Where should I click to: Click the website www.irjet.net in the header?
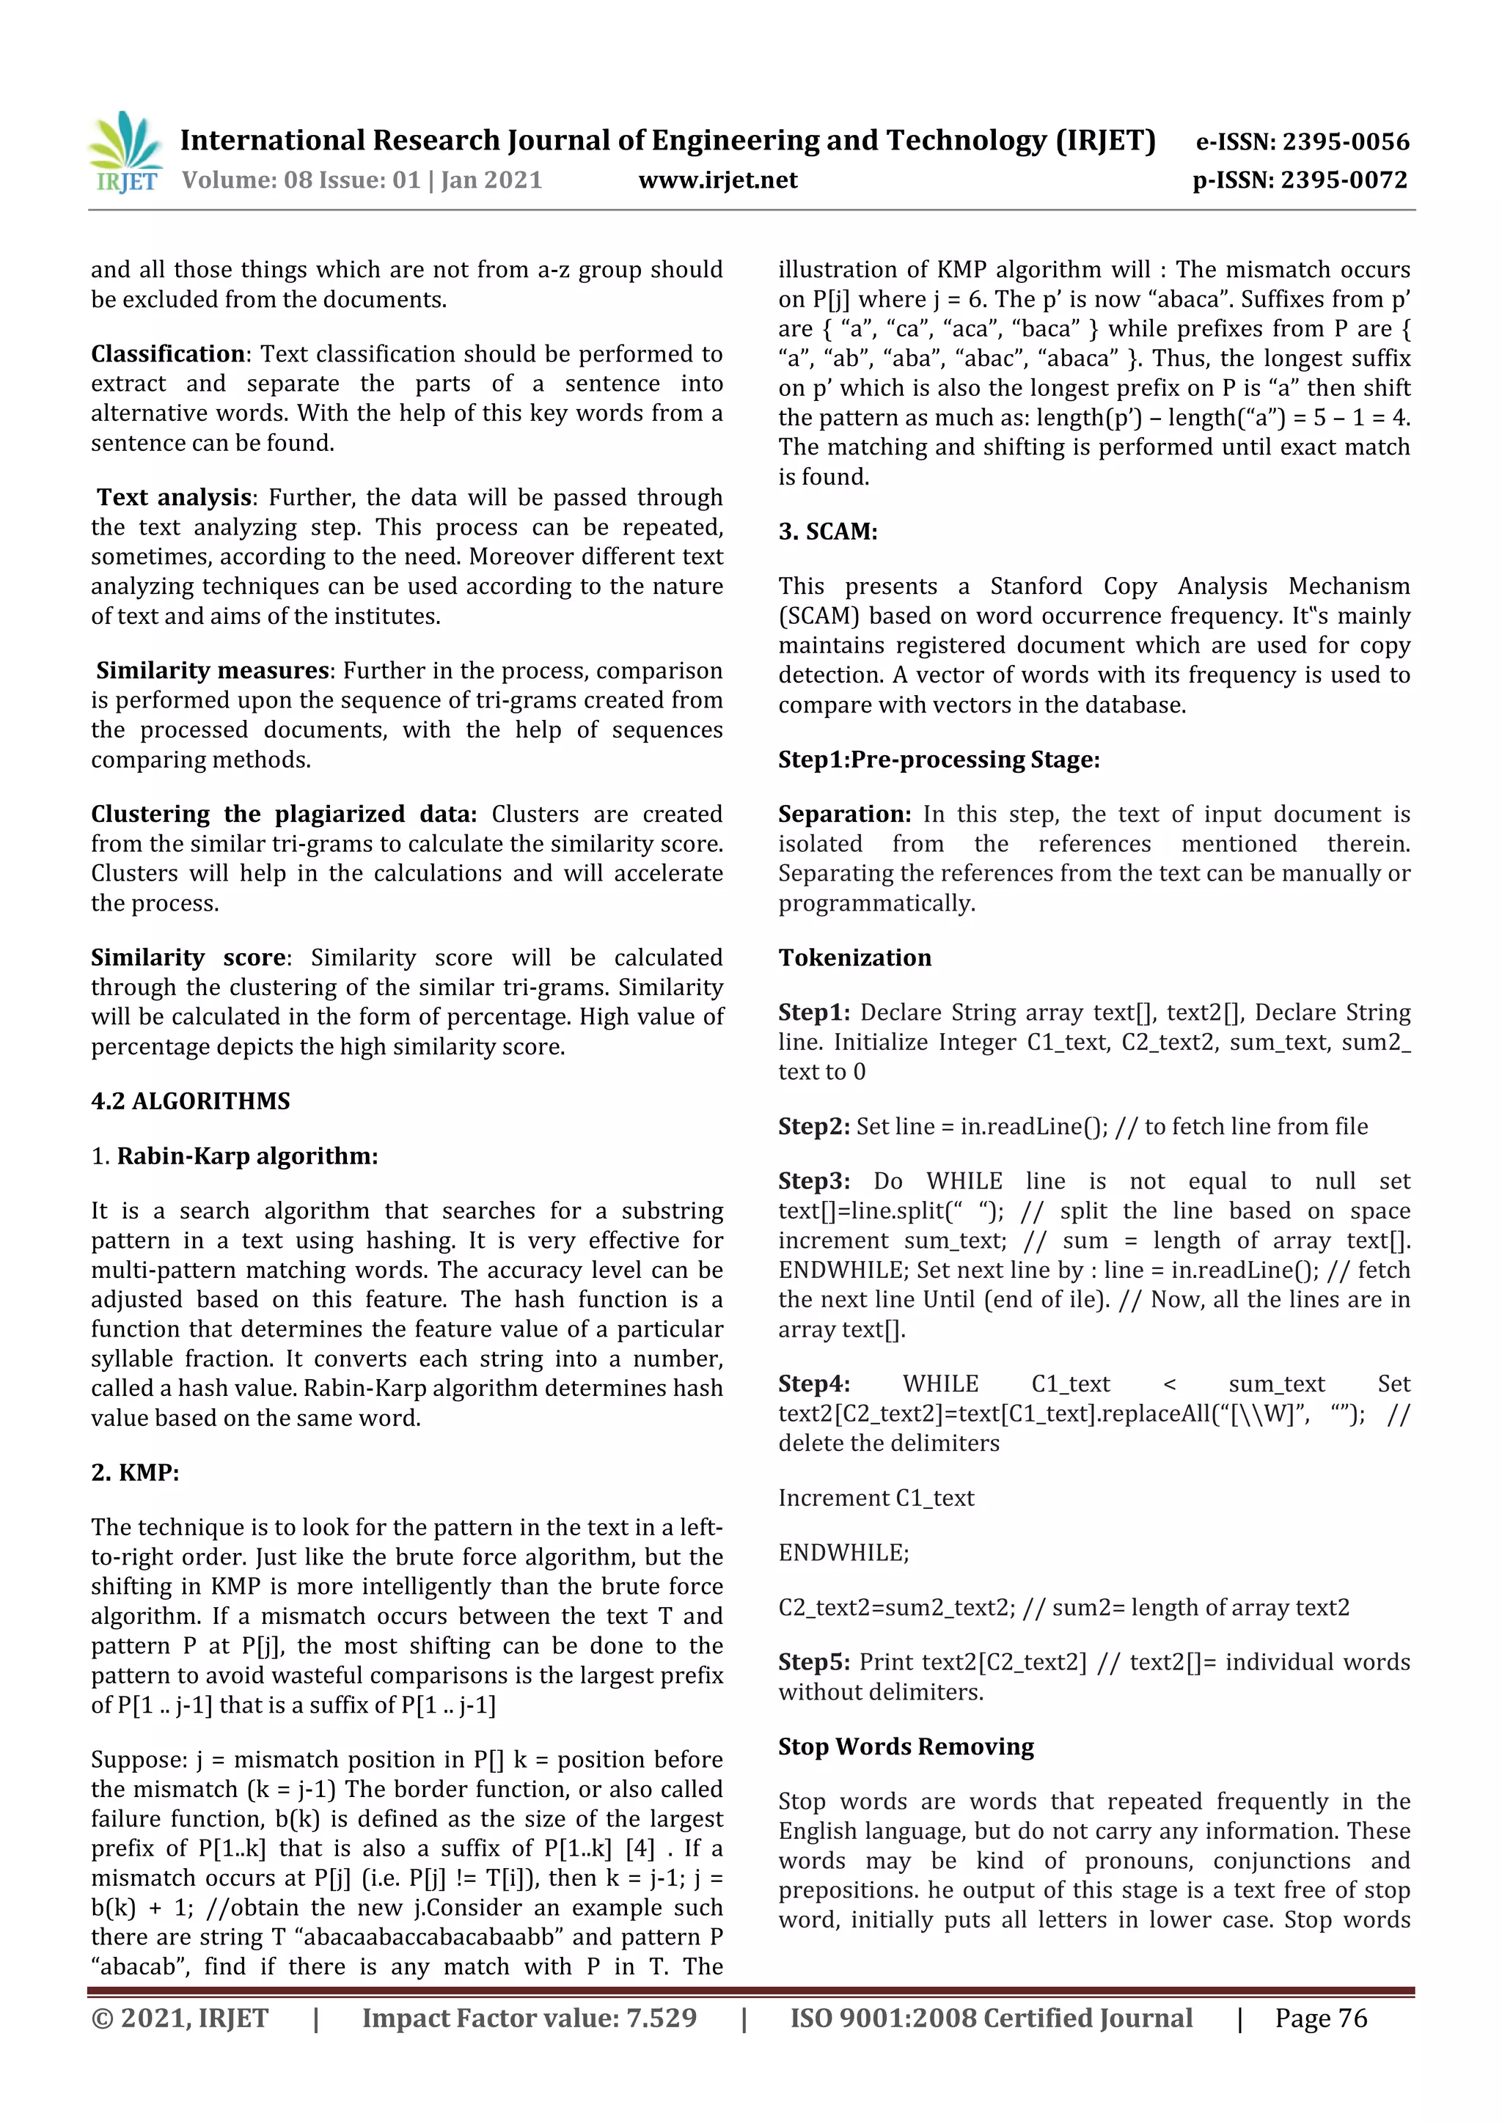point(717,180)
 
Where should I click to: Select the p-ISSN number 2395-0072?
point(1344,180)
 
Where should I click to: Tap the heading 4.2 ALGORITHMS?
point(190,1100)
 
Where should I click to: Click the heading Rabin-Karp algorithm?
point(247,1156)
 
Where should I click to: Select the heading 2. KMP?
point(135,1473)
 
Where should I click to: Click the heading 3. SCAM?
point(827,532)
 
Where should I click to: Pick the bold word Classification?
point(167,354)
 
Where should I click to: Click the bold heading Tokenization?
point(854,958)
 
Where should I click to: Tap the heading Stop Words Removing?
point(905,1746)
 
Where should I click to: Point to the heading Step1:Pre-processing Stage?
point(939,760)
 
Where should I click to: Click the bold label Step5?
point(813,1662)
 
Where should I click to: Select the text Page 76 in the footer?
point(1321,2018)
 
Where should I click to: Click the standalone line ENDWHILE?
point(843,1553)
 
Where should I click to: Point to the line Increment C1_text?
point(876,1498)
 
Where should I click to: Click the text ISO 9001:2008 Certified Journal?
point(990,2018)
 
